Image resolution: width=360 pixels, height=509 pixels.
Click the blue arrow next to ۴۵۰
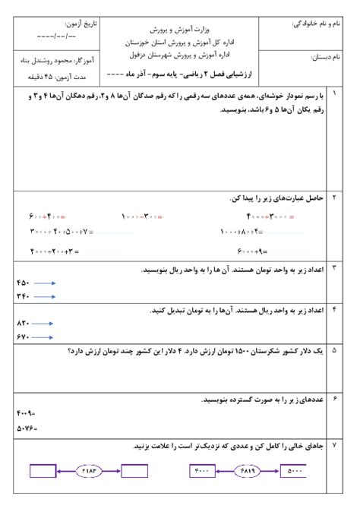[x=45, y=283]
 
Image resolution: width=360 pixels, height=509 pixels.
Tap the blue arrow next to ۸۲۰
[x=45, y=323]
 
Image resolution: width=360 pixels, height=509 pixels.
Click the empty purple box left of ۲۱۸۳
[x=45, y=471]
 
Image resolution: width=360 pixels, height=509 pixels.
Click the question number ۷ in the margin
[x=335, y=447]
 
